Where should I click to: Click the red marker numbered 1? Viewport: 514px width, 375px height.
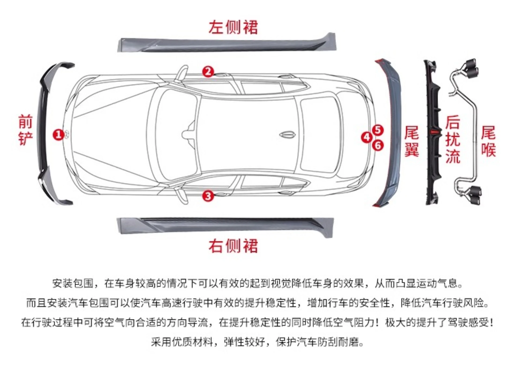click(58, 134)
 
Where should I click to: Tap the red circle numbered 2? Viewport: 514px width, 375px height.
click(208, 72)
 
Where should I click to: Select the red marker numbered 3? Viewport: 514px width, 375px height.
click(208, 196)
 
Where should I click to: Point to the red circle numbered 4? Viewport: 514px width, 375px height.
click(366, 137)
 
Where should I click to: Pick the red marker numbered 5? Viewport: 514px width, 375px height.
click(378, 130)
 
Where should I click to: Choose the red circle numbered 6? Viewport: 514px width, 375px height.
click(378, 145)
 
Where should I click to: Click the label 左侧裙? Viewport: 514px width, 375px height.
click(233, 27)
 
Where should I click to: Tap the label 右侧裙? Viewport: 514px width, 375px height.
click(233, 246)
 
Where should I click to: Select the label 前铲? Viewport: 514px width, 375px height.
click(25, 130)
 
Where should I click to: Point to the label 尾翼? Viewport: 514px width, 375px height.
click(411, 141)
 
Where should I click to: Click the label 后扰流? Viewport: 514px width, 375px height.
click(453, 139)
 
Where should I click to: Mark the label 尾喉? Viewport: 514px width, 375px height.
click(488, 141)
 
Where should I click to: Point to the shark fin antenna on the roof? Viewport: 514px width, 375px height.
click(288, 135)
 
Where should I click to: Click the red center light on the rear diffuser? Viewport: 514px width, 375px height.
click(434, 132)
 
